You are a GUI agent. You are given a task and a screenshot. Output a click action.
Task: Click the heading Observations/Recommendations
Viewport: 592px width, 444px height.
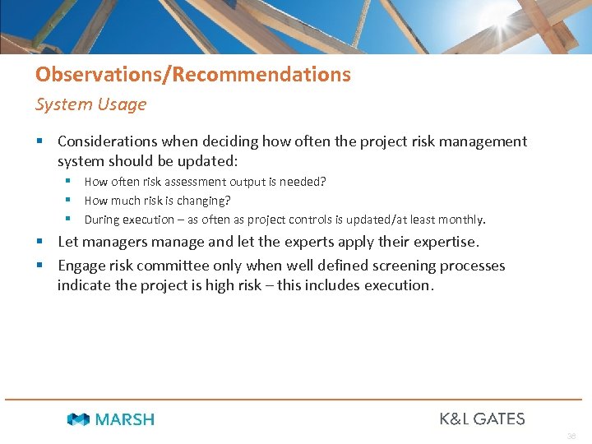[x=192, y=75]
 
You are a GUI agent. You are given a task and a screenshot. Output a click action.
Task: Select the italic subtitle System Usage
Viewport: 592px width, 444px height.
[x=90, y=104]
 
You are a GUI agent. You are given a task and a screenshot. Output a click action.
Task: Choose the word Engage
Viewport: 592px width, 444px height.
[x=81, y=266]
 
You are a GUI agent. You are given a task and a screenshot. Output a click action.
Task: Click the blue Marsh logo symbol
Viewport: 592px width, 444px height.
[x=78, y=419]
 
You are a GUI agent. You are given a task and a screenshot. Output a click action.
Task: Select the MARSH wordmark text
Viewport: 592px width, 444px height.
[x=124, y=419]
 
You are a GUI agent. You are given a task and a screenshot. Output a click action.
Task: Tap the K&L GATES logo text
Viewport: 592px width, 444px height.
[x=482, y=419]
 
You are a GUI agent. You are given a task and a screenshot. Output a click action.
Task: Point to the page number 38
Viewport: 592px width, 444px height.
[x=571, y=437]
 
